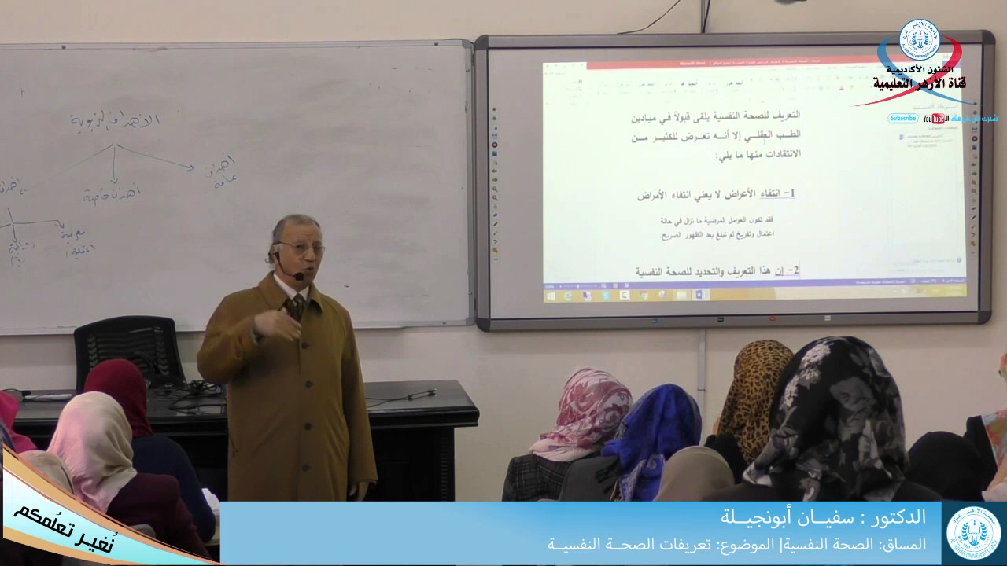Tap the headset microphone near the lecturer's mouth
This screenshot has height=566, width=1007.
tap(299, 276)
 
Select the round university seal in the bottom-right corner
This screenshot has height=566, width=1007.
tap(973, 532)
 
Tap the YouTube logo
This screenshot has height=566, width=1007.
tap(935, 119)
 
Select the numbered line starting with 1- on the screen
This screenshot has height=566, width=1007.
tap(716, 193)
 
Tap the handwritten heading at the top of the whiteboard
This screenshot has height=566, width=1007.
tap(115, 121)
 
